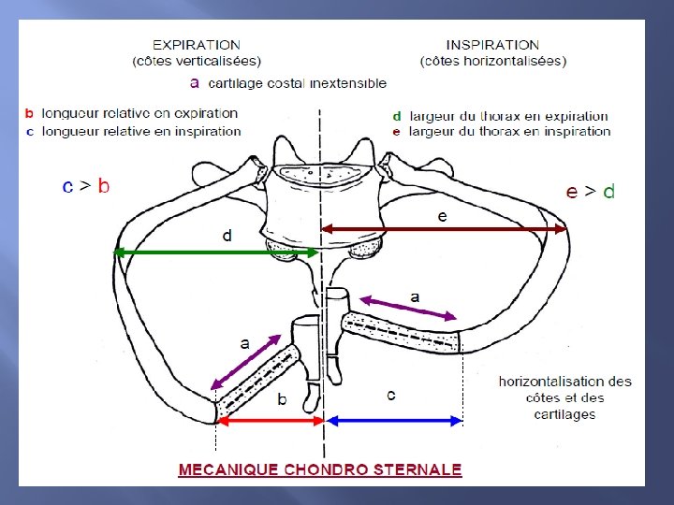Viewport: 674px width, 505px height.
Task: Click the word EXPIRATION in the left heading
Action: point(197,44)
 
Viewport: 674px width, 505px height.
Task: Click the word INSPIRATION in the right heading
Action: point(492,44)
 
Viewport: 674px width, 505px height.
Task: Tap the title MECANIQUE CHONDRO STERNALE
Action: point(320,469)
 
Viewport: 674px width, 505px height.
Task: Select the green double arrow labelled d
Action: point(216,251)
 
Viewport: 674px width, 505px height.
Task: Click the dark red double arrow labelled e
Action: point(444,228)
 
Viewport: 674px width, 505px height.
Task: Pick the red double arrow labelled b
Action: point(270,421)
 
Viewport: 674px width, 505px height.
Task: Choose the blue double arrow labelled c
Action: point(393,421)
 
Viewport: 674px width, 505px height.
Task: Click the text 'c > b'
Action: point(86,186)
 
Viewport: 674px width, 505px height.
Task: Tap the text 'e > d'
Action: point(591,191)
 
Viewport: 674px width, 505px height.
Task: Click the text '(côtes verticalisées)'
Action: point(197,62)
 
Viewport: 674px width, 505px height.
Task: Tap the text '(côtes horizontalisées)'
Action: point(493,62)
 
